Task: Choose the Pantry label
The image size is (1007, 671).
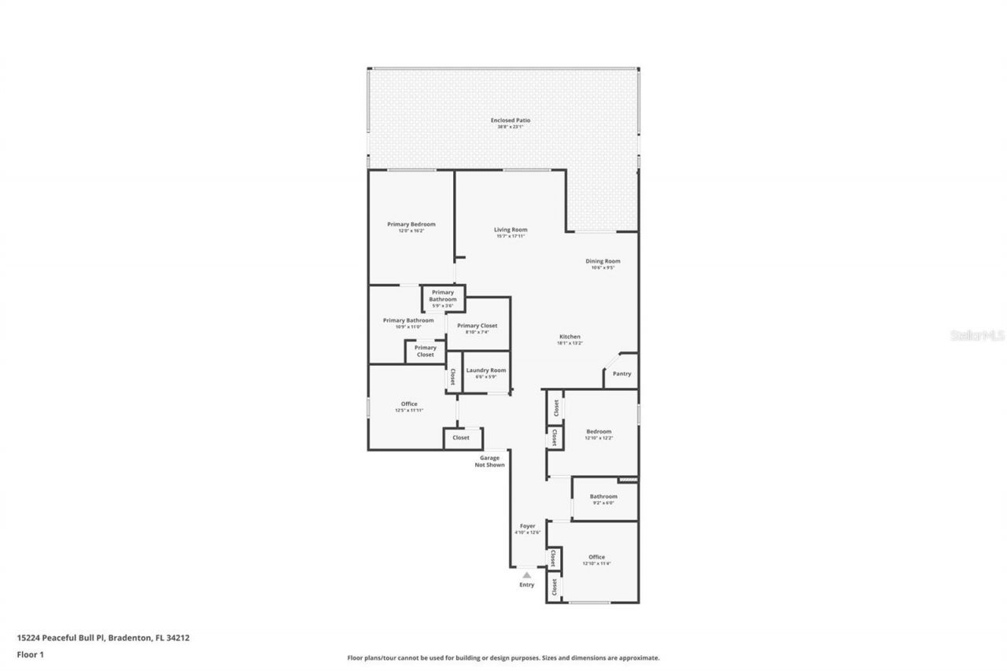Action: (x=622, y=374)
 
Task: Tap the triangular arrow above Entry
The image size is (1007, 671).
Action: (x=526, y=575)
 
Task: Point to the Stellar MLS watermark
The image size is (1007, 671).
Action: (x=978, y=334)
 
